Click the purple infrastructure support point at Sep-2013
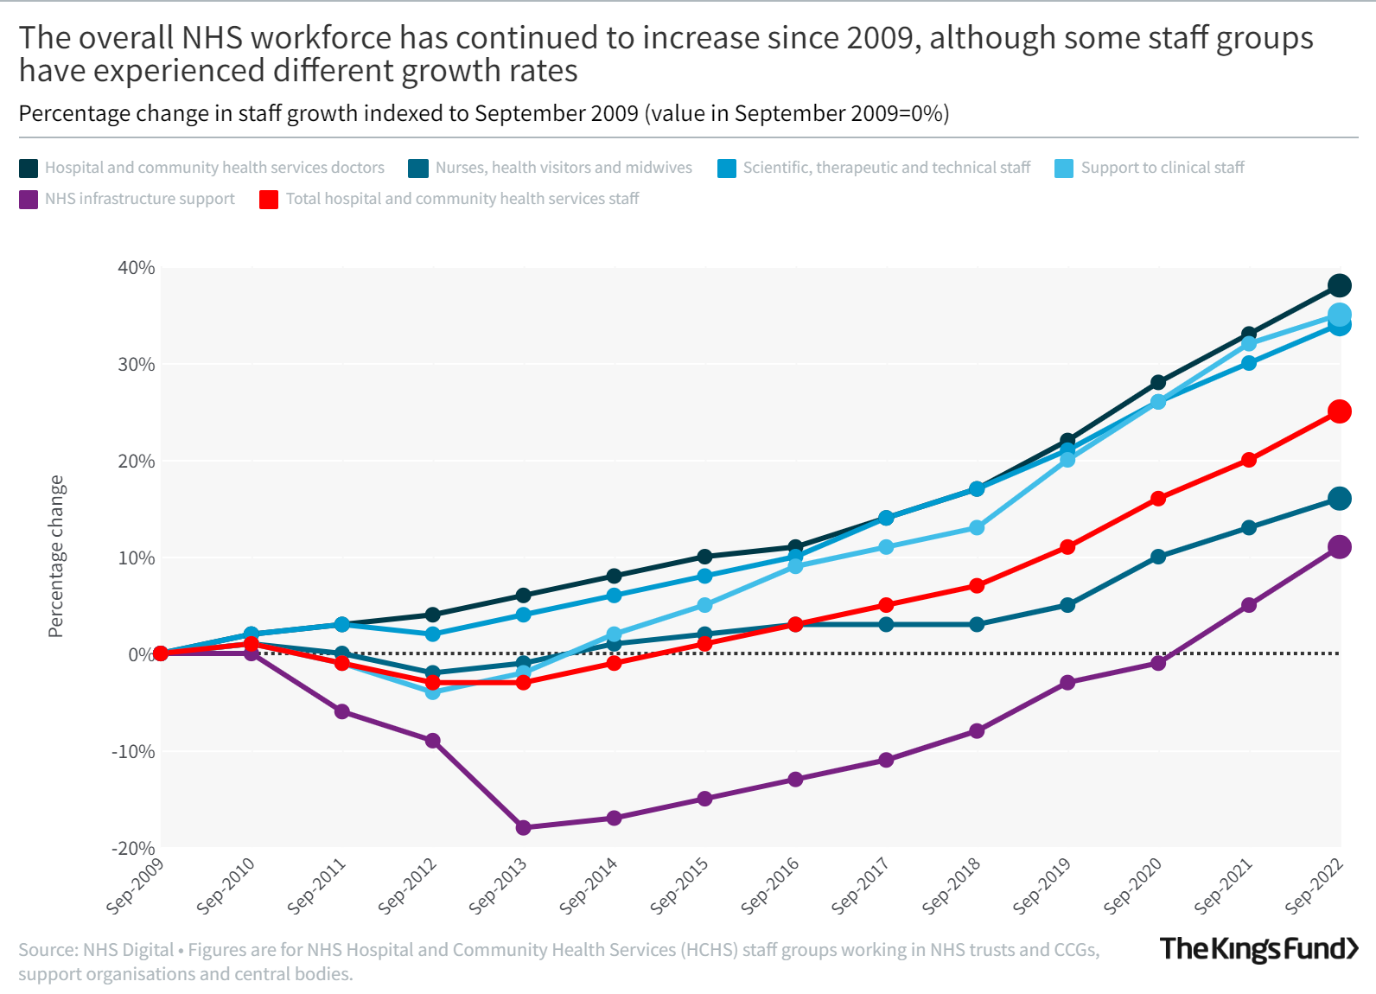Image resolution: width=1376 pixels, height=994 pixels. click(x=523, y=827)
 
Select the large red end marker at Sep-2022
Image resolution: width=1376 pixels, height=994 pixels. click(x=1339, y=411)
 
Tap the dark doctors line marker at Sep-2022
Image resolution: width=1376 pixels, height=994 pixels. click(x=1339, y=285)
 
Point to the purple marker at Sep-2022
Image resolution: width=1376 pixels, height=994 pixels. click(x=1339, y=546)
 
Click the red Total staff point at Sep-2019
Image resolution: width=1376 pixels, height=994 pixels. click(x=1067, y=546)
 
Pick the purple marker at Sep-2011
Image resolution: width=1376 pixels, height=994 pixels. click(x=341, y=711)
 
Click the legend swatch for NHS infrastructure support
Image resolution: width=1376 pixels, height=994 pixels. click(x=29, y=200)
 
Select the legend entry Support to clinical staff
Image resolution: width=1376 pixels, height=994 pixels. click(x=1162, y=168)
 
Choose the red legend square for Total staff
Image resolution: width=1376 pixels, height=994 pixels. click(x=269, y=200)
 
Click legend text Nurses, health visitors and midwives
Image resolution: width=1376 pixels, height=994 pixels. click(x=564, y=168)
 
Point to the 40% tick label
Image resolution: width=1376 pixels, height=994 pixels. click(x=137, y=268)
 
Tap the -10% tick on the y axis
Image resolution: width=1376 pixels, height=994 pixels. click(x=134, y=751)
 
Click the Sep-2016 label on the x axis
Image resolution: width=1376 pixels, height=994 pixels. click(x=771, y=885)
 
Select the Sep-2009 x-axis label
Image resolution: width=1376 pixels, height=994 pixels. click(x=136, y=885)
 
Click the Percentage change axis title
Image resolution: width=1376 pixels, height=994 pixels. click(x=56, y=556)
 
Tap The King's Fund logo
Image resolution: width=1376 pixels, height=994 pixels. click(x=1258, y=949)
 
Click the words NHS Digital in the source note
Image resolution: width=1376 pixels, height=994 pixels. click(x=128, y=950)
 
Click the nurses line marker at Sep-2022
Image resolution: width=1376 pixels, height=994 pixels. click(x=1339, y=498)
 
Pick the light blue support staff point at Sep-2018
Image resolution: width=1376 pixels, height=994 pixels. click(x=977, y=527)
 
